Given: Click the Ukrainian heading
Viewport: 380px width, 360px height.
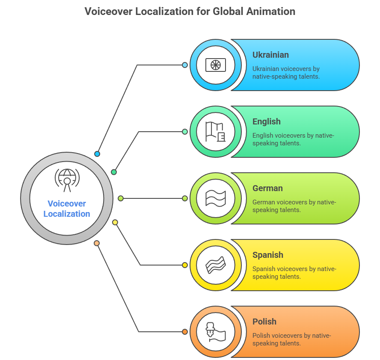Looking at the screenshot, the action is coord(270,55).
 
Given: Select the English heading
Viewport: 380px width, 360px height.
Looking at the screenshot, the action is coord(266,121).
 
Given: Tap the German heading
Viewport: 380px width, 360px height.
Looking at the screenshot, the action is coord(267,188).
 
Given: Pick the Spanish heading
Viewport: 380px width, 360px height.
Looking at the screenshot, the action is coord(268,255).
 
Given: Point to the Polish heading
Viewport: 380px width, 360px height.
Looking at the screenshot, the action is coord(264,322).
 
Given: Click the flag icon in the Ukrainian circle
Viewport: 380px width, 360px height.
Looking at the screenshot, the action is coord(215,65).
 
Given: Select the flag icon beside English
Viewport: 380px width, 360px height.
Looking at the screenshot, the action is coord(215,132).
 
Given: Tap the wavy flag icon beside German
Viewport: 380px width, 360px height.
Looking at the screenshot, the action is coord(215,198).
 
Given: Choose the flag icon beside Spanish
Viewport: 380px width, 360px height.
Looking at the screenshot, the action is coord(215,265).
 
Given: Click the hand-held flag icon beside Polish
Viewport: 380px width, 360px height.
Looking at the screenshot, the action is coord(215,332).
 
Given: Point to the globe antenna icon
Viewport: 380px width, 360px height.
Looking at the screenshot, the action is coord(67,180).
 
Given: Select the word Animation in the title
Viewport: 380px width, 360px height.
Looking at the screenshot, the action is coord(271,12).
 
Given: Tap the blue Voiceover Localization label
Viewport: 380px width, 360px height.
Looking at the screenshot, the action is coord(67,209).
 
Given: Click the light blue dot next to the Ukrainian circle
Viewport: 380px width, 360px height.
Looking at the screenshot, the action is coord(185,65).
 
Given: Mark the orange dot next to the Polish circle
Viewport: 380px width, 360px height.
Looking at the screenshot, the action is coord(185,332).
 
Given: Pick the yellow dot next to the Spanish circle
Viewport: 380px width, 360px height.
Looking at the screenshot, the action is coord(185,265).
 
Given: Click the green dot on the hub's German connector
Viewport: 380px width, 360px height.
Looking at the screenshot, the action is coord(121,198).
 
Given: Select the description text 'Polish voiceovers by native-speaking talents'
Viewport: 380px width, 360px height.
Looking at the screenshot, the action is coord(291,339).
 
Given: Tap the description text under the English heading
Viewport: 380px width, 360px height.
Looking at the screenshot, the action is coord(293,139).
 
